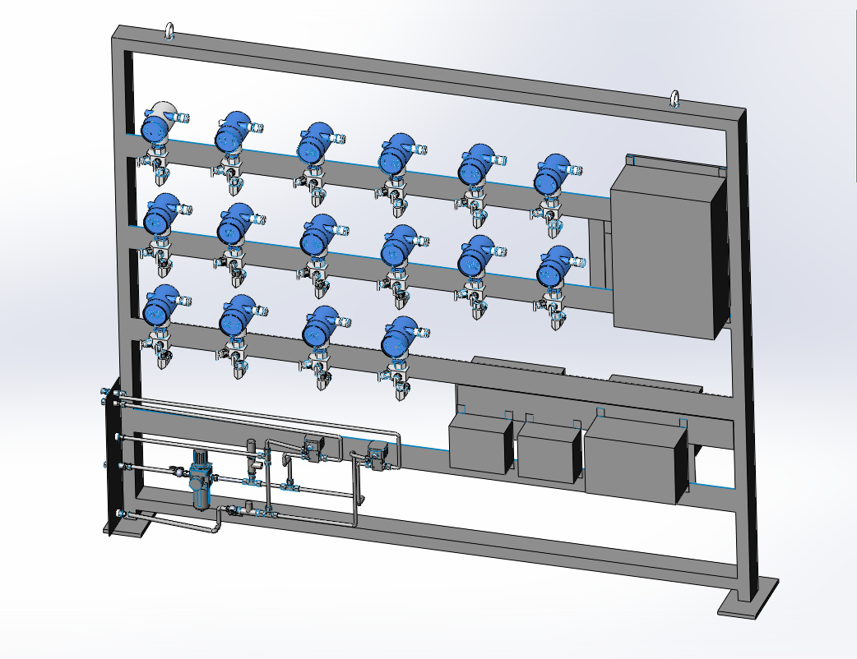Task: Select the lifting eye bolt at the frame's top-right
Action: pyautogui.click(x=674, y=99)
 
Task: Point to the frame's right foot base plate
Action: pyautogui.click(x=748, y=597)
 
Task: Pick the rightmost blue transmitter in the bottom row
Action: pyautogui.click(x=401, y=337)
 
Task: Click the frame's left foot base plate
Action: pyautogui.click(x=128, y=525)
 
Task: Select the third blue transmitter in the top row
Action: pyautogui.click(x=313, y=144)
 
